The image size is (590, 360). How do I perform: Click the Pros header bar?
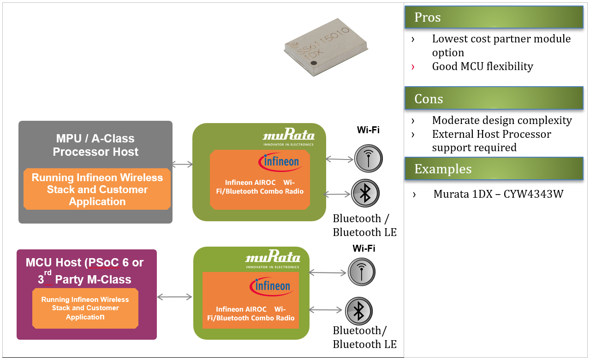point(494,17)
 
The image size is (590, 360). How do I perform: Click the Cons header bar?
point(494,99)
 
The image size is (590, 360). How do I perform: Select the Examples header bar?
point(494,169)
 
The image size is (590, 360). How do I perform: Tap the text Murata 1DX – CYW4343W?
point(498,194)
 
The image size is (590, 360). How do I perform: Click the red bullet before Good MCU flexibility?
point(413,67)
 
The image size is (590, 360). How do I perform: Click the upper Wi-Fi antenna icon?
point(368,159)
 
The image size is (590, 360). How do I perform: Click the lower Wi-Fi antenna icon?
point(361,272)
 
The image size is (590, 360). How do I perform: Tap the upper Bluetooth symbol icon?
point(365,193)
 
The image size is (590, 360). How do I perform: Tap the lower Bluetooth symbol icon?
point(358,311)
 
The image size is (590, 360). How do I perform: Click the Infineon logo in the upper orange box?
point(279,162)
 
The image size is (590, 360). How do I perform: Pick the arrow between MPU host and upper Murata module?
point(182,164)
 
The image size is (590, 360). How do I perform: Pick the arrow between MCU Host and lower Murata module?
point(174,297)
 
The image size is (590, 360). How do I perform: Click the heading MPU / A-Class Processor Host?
point(95,145)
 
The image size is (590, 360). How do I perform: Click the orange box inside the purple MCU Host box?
point(85,308)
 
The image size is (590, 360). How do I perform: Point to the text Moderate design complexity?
point(501,120)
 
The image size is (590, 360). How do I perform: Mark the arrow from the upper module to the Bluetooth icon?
point(337,194)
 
